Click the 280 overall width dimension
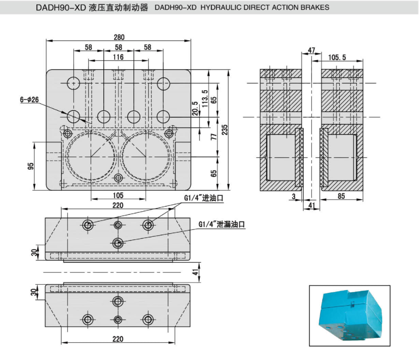[118, 37]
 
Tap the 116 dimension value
[118, 57]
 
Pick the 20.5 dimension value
[195, 109]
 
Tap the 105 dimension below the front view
[118, 195]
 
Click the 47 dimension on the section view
[311, 50]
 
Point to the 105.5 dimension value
[337, 57]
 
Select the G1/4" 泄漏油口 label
[223, 224]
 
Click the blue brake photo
[349, 315]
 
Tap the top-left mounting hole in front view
[73, 83]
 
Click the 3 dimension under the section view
[294, 196]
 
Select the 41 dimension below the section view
[311, 206]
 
